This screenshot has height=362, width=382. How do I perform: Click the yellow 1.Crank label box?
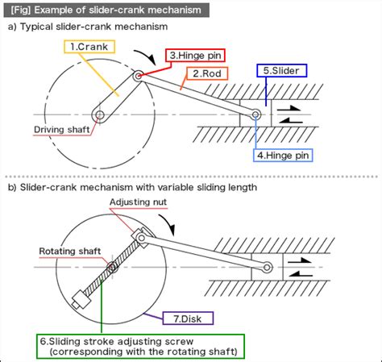coord(89,47)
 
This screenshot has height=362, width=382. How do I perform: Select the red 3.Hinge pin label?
coord(195,56)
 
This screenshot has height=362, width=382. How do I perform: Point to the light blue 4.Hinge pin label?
coord(282,153)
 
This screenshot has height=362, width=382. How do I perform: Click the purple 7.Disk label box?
coord(187,319)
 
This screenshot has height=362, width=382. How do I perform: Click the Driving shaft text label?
coord(60,129)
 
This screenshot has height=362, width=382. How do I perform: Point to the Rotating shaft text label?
coord(69,251)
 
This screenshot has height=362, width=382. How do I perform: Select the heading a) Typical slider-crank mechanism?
coord(88,27)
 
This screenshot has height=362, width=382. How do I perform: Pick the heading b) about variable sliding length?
coord(133,187)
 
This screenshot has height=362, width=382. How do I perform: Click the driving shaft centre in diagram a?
coord(98,116)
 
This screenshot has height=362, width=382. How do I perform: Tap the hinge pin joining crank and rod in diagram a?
coord(139,76)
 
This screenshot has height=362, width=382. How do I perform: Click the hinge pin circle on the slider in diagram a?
coord(255,116)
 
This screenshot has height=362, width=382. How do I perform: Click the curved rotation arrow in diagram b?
coord(166,220)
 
